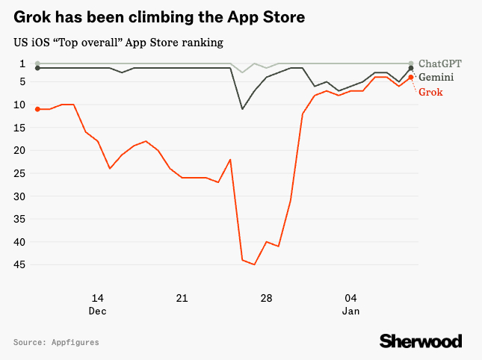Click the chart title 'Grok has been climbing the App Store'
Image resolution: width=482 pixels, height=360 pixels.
[158, 16]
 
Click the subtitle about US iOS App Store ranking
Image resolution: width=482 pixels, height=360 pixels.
[118, 43]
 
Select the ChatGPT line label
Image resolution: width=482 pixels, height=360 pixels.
[441, 63]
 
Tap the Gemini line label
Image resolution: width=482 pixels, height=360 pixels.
[437, 77]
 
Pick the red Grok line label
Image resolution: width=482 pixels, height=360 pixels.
[430, 91]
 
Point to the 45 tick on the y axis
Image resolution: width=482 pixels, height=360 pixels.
[21, 264]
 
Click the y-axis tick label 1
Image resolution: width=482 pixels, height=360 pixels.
[23, 63]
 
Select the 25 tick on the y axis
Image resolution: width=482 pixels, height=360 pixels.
[21, 173]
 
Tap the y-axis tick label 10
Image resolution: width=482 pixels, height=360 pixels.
[21, 105]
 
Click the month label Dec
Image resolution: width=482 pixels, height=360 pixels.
[97, 310]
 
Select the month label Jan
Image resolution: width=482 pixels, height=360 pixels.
[351, 310]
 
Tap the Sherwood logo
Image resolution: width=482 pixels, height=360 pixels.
[421, 341]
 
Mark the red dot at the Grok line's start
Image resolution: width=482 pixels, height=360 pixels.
[37, 109]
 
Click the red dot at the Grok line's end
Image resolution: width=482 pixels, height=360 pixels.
[411, 78]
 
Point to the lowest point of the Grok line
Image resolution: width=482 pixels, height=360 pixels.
[254, 264]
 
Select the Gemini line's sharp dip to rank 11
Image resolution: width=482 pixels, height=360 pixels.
[242, 109]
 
